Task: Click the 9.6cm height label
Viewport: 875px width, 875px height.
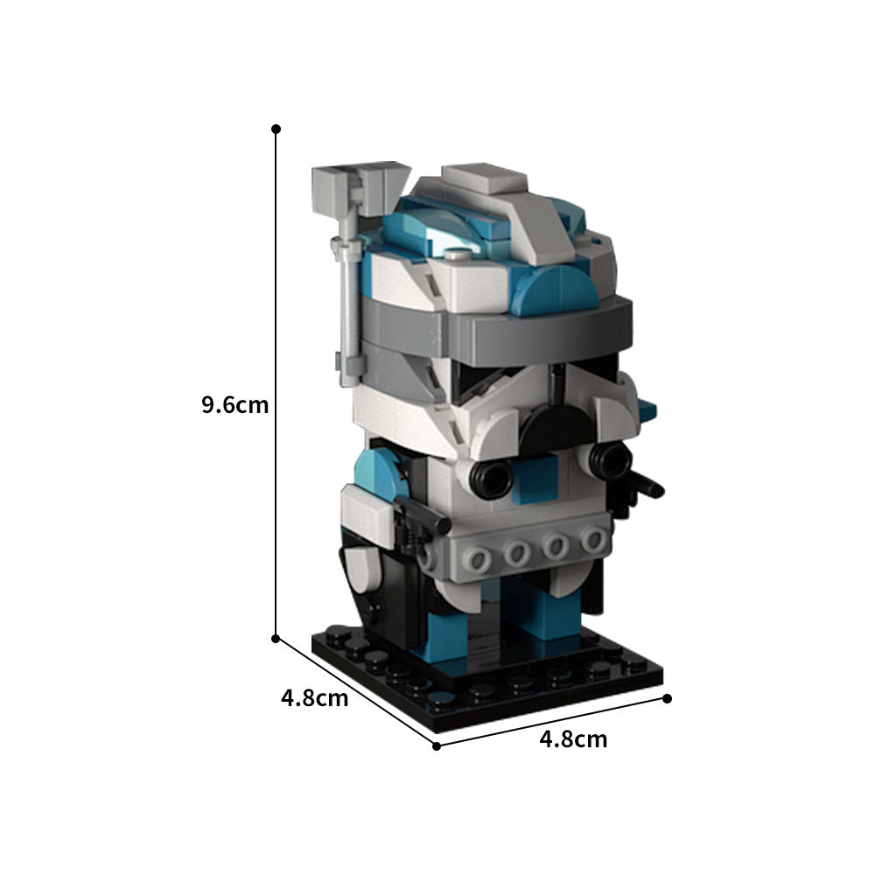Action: coord(234,406)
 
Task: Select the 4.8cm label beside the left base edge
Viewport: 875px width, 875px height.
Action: coord(314,698)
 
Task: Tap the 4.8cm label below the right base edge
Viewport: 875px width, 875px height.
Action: coord(573,739)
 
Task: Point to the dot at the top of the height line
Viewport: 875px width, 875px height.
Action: coord(276,129)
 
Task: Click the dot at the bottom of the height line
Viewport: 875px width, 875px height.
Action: coord(276,638)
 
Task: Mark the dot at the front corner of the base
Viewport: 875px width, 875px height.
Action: coord(437,745)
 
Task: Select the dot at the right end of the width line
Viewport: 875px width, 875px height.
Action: coord(667,698)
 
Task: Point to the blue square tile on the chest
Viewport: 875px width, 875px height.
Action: coord(535,482)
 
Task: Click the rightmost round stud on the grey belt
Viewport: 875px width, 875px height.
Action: coord(594,540)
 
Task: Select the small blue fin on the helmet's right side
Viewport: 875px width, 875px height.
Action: coord(648,408)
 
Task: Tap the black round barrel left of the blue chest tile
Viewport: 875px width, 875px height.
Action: coord(490,478)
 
